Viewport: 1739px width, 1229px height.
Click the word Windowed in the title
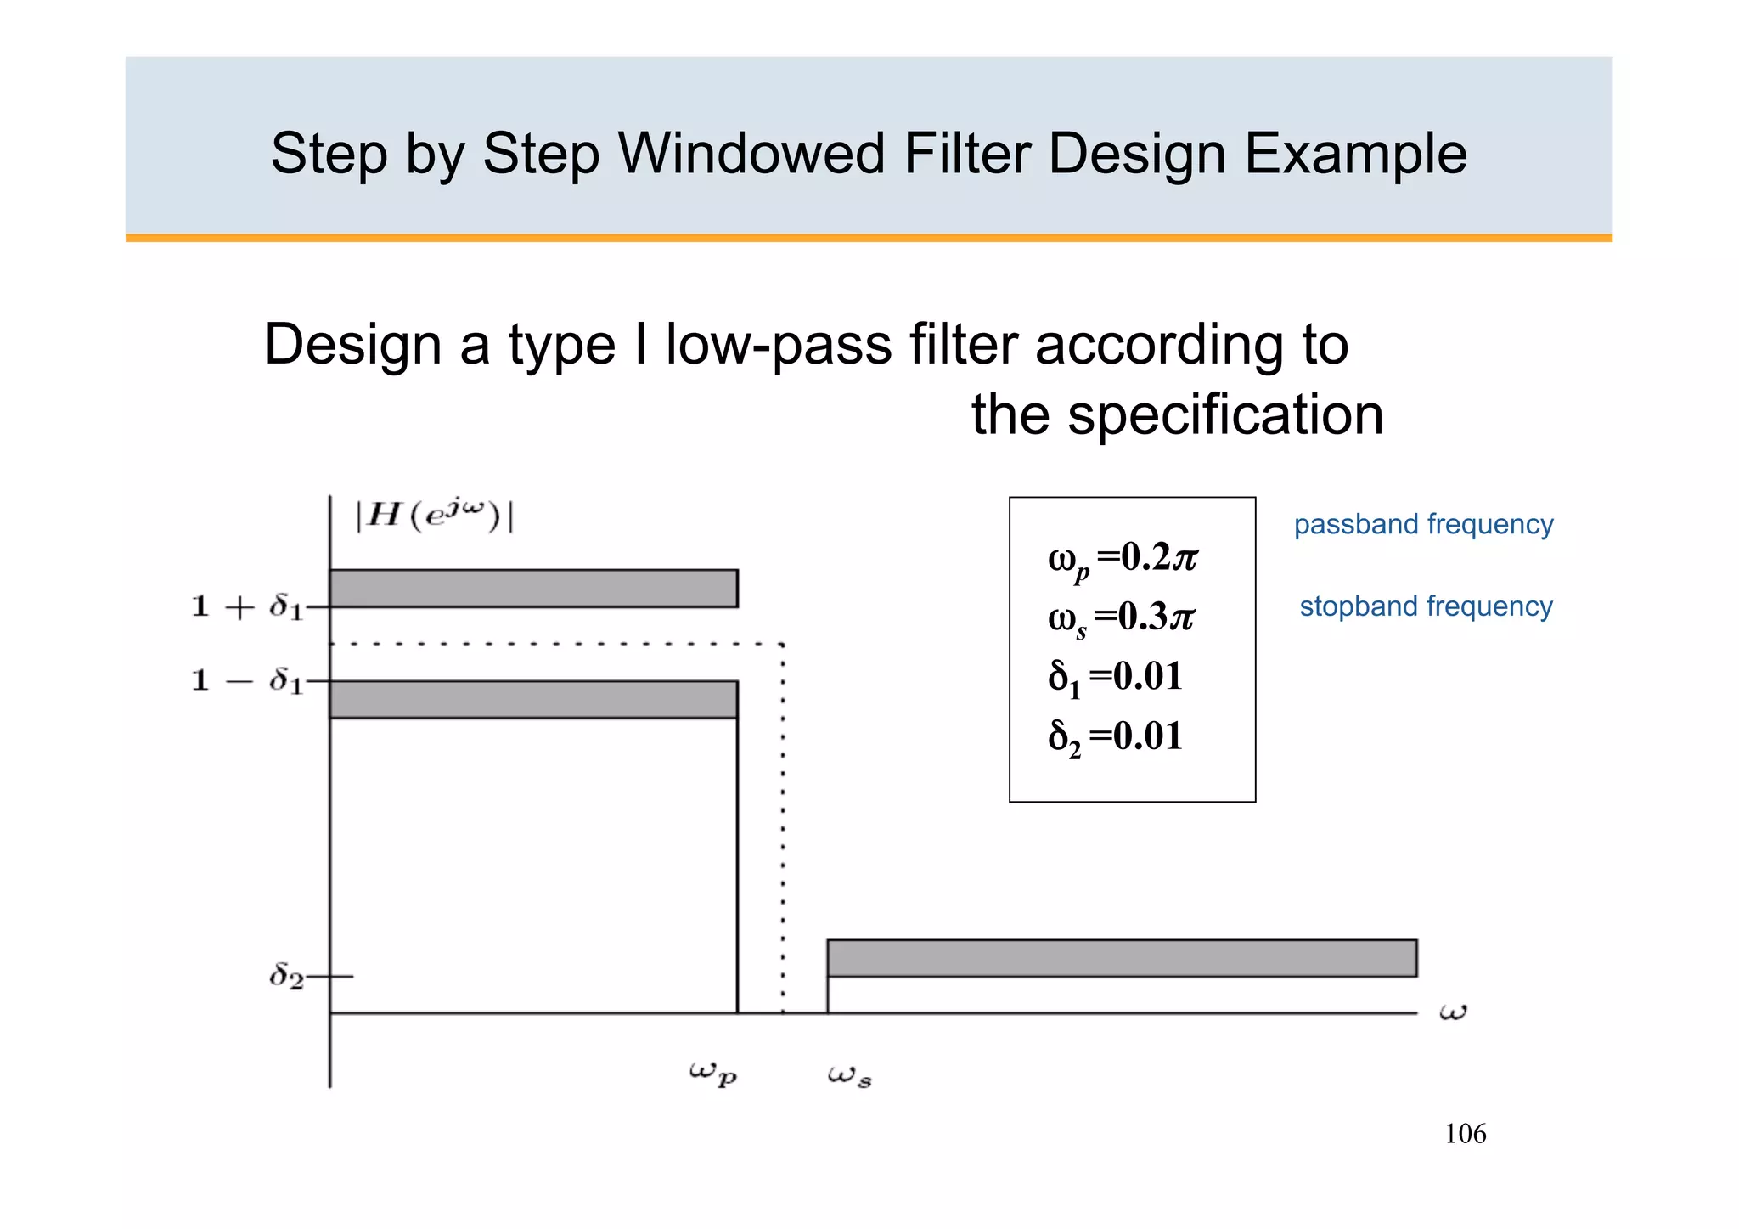(x=751, y=154)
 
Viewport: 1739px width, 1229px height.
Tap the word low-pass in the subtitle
(x=778, y=345)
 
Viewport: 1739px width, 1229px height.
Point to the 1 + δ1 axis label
(x=247, y=606)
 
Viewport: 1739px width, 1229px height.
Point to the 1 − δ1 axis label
(x=247, y=680)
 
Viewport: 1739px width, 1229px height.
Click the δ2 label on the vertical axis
(x=286, y=977)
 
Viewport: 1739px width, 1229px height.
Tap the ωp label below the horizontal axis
(x=712, y=1074)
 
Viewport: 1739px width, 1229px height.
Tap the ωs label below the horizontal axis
(x=849, y=1076)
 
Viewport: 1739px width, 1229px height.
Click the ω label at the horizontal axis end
(x=1453, y=1012)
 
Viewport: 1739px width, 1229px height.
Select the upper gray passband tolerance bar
(x=533, y=589)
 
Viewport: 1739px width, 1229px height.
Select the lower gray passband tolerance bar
(x=533, y=699)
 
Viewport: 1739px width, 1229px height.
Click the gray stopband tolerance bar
(x=1122, y=958)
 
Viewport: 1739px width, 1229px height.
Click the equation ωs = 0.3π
(x=1121, y=618)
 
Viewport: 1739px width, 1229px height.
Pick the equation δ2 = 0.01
(x=1115, y=737)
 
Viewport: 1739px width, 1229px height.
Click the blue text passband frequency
(x=1423, y=524)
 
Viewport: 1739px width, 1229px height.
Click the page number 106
(x=1465, y=1134)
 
